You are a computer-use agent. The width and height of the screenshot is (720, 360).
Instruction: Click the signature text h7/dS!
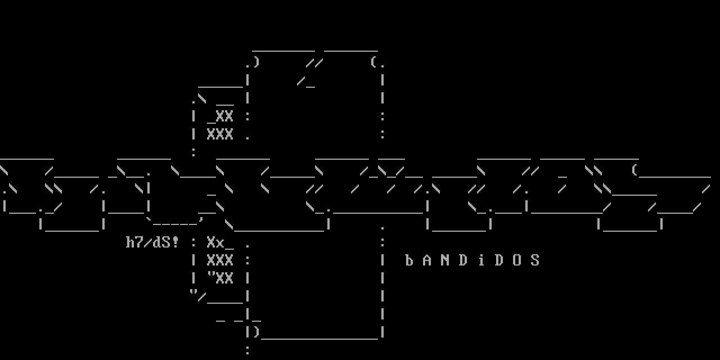[x=152, y=242]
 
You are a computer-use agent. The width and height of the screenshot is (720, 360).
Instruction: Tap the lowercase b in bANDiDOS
[x=409, y=260]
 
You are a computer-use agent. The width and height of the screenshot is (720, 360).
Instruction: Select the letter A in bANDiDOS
[x=427, y=260]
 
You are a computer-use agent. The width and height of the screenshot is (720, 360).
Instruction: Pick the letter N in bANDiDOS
[x=445, y=260]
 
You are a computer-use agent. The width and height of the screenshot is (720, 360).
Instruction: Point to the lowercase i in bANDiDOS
[x=481, y=260]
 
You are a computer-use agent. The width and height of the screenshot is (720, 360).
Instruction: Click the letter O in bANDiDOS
[x=517, y=260]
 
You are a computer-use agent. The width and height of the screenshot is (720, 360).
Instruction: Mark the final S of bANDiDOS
[x=535, y=260]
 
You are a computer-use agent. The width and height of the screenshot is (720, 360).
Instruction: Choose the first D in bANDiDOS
[x=463, y=260]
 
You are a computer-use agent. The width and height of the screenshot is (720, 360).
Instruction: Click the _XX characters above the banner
[x=220, y=116]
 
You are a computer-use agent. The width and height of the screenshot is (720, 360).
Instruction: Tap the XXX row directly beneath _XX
[x=220, y=134]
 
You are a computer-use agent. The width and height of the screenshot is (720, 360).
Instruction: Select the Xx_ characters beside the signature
[x=220, y=242]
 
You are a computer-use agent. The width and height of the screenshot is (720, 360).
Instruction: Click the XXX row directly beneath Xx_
[x=220, y=260]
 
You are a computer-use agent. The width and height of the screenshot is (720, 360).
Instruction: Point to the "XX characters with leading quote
[x=220, y=278]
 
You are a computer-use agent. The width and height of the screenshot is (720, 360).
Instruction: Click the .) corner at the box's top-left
[x=252, y=62]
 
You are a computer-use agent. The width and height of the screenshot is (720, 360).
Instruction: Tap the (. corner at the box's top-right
[x=378, y=62]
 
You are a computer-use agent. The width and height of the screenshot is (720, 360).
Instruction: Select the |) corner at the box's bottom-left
[x=252, y=332]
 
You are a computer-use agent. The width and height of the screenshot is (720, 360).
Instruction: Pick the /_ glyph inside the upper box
[x=306, y=82]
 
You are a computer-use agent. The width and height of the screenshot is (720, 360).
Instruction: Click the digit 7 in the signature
[x=139, y=242]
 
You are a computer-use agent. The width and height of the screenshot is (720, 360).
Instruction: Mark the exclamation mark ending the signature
[x=175, y=242]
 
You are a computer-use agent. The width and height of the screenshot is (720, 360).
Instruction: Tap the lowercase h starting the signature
[x=130, y=242]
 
